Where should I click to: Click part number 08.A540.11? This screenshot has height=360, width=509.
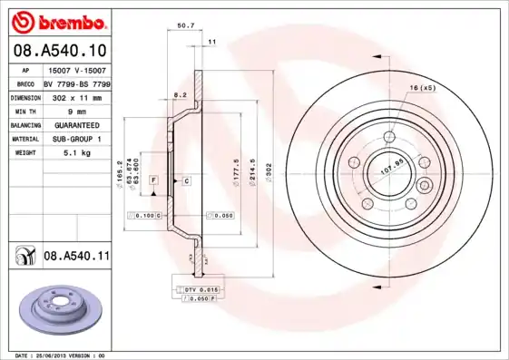pyautogui.click(x=76, y=258)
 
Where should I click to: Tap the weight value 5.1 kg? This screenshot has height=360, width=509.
pyautogui.click(x=78, y=153)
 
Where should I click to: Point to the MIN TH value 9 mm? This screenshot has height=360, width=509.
pyautogui.click(x=76, y=110)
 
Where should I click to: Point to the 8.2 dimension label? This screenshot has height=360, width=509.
pyautogui.click(x=180, y=93)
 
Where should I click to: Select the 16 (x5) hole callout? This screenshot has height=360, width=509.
pyautogui.click(x=423, y=88)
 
